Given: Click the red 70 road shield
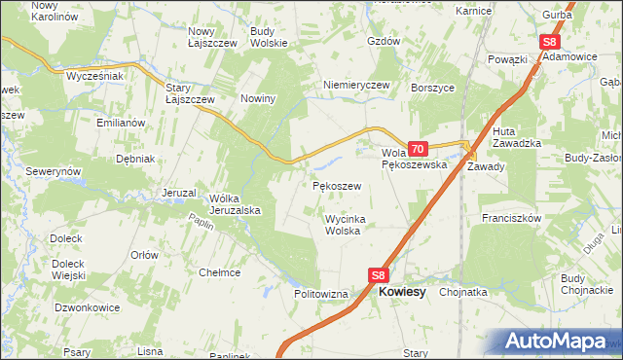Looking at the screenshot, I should [x=417, y=149].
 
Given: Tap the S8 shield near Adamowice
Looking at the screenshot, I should [x=550, y=42].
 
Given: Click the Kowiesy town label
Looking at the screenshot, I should [x=402, y=291].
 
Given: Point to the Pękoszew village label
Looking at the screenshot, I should [x=337, y=185].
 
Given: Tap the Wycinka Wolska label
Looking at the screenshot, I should [x=343, y=225].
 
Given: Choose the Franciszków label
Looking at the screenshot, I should [x=510, y=219].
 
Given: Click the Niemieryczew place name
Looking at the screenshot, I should [x=356, y=85].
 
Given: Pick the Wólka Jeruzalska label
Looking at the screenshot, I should [x=234, y=203].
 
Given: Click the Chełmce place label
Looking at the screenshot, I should [x=219, y=272].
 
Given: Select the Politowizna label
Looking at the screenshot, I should [x=321, y=293].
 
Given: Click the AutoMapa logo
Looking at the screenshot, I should [x=558, y=341].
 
